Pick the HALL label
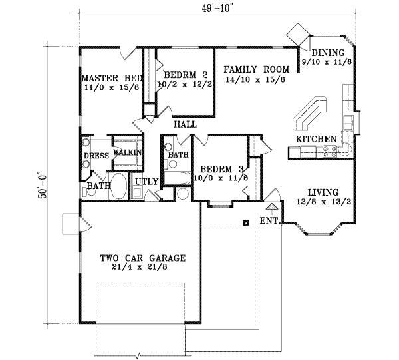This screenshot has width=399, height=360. point(184,124)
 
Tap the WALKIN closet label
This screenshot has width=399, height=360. point(127,152)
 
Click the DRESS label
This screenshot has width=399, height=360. point(96,157)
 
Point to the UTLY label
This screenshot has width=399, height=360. point(146,181)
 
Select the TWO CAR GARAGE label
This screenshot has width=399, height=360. point(142,258)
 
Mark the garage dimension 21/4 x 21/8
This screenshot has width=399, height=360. point(142,268)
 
